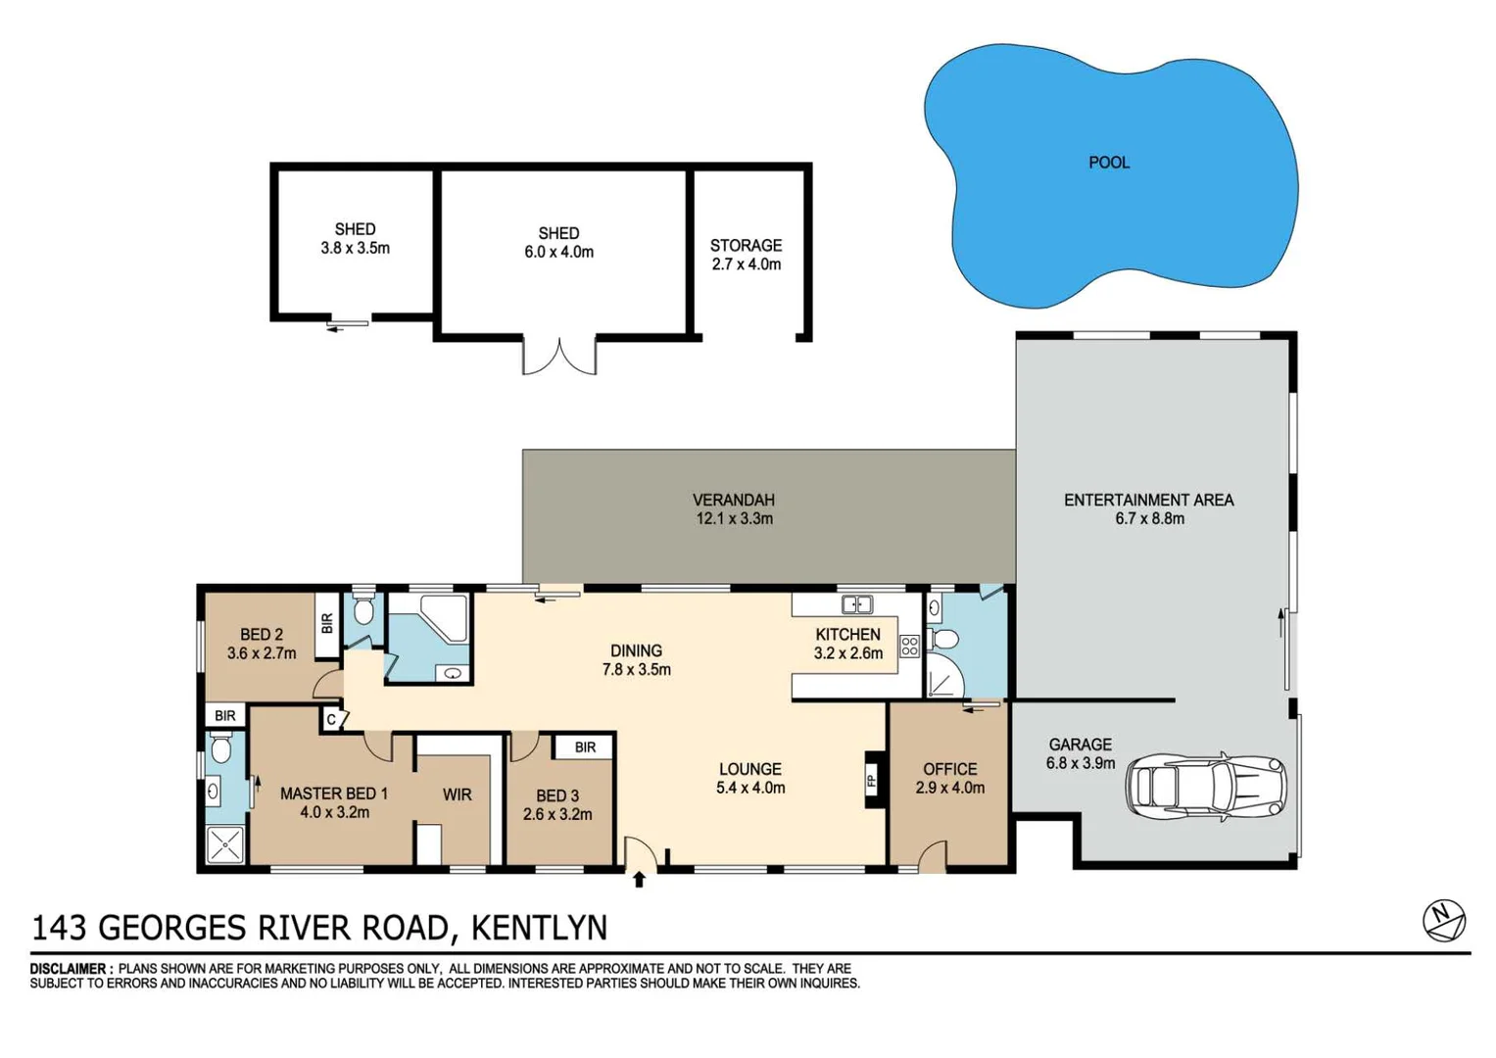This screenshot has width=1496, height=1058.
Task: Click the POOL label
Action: pyautogui.click(x=1109, y=163)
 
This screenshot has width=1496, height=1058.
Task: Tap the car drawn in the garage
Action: pyautogui.click(x=1205, y=786)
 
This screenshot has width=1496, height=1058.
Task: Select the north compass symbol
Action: pyautogui.click(x=1443, y=920)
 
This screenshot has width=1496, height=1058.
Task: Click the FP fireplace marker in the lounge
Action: pyautogui.click(x=870, y=781)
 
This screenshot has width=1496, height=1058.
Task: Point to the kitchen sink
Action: pyautogui.click(x=857, y=604)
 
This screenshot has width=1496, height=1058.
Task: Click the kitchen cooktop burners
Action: pyautogui.click(x=909, y=646)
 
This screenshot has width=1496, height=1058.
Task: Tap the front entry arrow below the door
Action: pyautogui.click(x=639, y=880)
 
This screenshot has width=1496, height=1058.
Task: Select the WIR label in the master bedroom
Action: pyautogui.click(x=457, y=794)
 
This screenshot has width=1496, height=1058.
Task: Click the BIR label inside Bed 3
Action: pyautogui.click(x=585, y=747)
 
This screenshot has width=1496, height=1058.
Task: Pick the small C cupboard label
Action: pyautogui.click(x=331, y=720)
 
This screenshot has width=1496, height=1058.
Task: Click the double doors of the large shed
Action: pyautogui.click(x=558, y=357)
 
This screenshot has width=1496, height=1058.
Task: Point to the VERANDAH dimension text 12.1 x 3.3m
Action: pyautogui.click(x=734, y=519)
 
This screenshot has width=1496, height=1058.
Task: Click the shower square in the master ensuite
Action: pyautogui.click(x=224, y=845)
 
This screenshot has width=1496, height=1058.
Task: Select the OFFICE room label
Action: pyautogui.click(x=949, y=769)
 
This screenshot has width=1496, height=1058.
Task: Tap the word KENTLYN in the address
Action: pyautogui.click(x=539, y=928)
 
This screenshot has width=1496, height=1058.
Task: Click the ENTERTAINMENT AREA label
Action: pyautogui.click(x=1148, y=501)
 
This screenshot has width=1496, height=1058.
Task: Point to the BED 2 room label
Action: pyautogui.click(x=261, y=635)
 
